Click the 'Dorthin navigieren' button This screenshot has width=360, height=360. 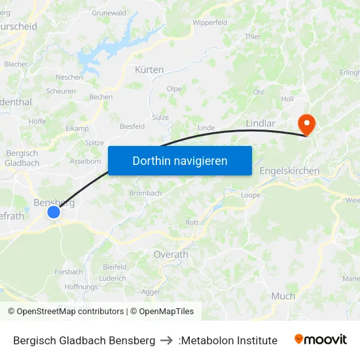(179, 160)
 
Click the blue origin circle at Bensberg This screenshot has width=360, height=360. (54, 211)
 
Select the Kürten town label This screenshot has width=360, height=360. (149, 69)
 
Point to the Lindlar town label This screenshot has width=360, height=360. (261, 122)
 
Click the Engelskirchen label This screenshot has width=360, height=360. (289, 171)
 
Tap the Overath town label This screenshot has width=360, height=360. (170, 254)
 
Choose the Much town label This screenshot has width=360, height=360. (283, 296)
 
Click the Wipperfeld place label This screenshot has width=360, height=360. (209, 22)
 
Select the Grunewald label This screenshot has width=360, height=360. (109, 12)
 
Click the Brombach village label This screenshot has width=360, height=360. (145, 193)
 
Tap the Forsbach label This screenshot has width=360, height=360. (69, 272)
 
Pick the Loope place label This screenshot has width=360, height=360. (251, 195)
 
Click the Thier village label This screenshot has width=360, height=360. (253, 37)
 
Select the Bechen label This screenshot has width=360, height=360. (101, 97)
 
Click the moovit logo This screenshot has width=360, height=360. (320, 340)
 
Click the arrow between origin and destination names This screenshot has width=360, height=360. (167, 340)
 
